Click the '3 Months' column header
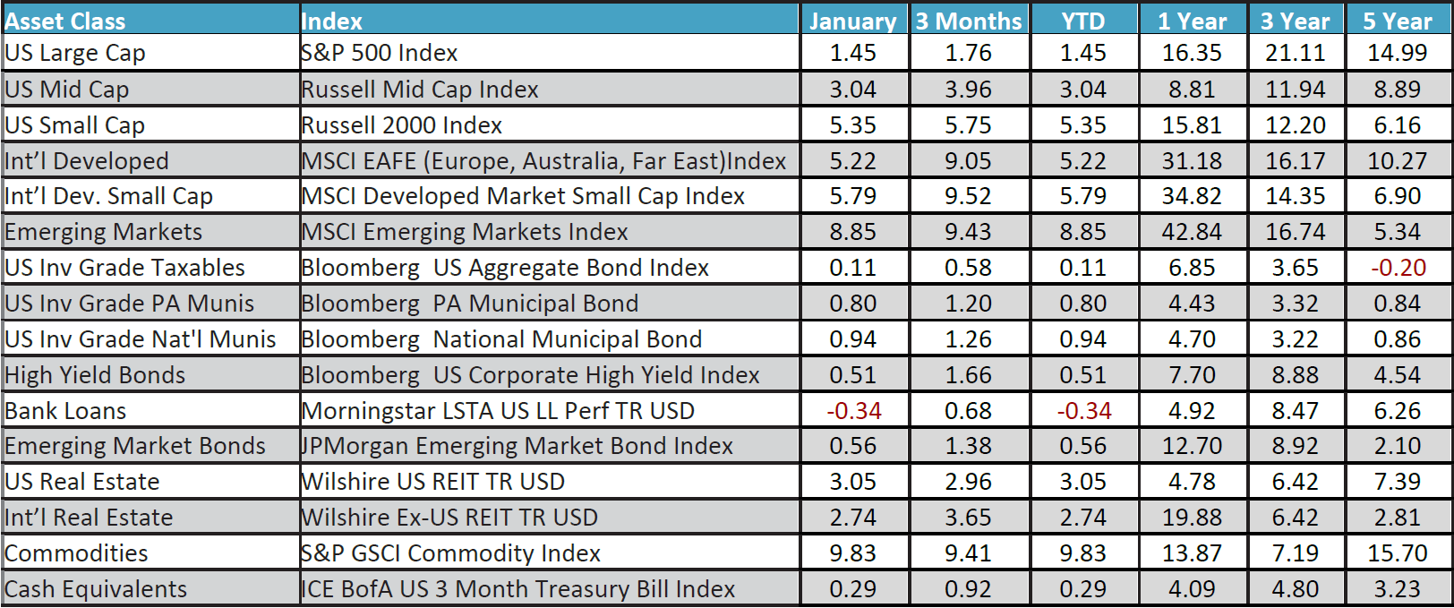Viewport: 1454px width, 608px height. pos(968,21)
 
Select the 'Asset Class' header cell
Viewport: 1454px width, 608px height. pos(65,21)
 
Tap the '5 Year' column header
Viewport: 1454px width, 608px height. pos(1397,21)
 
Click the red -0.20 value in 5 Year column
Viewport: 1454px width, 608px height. pos(1398,268)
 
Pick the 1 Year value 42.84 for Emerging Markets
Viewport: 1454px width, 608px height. pos(1192,232)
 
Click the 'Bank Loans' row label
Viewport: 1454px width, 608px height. pos(66,411)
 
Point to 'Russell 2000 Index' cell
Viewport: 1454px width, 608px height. pos(402,125)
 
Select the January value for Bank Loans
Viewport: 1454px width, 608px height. pos(853,411)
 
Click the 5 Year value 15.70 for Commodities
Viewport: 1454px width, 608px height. pos(1397,553)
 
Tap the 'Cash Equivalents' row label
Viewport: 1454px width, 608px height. pos(96,589)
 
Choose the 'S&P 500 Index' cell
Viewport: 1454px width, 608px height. pos(380,53)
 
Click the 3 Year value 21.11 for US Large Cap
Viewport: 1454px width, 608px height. pos(1295,53)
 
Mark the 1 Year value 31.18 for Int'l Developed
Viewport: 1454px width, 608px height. pos(1192,161)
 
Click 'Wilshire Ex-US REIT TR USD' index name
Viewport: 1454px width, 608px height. pos(449,518)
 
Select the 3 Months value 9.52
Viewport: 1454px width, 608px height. pos(968,196)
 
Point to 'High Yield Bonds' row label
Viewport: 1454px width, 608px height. pos(95,375)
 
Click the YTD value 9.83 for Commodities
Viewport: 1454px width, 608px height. pos(1083,553)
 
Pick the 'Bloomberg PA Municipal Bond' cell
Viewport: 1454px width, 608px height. pos(470,304)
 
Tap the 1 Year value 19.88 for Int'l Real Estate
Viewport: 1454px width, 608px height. pos(1192,518)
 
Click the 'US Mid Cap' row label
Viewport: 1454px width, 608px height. pos(67,90)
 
